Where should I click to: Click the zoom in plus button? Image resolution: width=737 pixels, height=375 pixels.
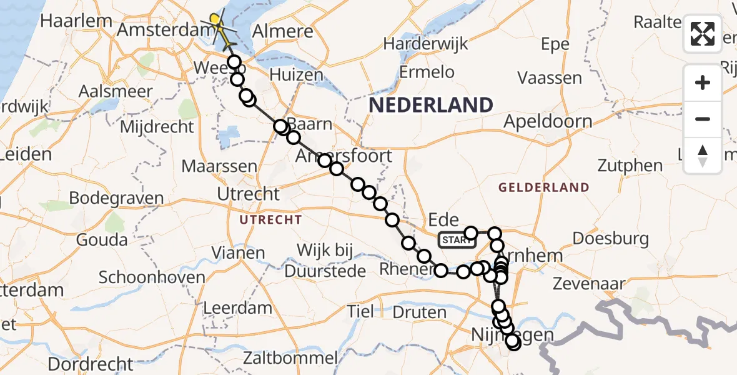pos(703,82)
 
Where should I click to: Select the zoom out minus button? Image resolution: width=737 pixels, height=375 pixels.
pos(703,119)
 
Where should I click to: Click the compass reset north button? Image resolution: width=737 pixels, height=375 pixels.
pos(703,155)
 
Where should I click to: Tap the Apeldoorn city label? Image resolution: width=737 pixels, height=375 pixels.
pos(548,121)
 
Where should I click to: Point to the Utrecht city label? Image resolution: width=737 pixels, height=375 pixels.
pos(248,194)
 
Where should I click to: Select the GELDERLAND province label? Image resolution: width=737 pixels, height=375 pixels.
pos(543,187)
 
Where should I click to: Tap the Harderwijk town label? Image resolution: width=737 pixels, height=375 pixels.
pos(425,44)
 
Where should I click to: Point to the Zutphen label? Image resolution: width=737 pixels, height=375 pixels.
pos(630,166)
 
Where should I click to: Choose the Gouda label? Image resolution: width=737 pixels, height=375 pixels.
pos(102,240)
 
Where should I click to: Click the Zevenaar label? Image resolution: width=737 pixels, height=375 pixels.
pos(590,284)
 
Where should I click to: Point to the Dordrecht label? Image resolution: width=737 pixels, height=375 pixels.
pos(91,364)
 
